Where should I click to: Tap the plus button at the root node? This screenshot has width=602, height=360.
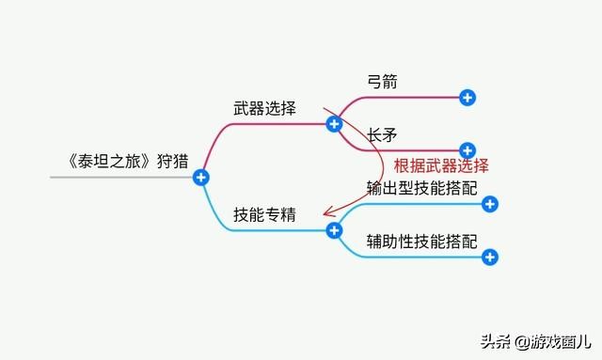point(200,177)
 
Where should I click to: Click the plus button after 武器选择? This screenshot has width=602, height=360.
point(333,123)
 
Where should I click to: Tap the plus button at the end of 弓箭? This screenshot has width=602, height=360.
point(467,97)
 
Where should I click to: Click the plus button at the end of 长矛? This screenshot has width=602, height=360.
point(467,149)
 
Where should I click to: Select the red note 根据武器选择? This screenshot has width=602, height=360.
point(441,165)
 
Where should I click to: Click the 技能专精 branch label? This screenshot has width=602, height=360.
point(264,214)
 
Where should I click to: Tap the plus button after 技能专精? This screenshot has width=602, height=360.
point(333,230)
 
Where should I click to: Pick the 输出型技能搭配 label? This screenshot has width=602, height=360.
point(422,188)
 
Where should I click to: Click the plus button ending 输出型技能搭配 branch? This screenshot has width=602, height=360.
point(488,204)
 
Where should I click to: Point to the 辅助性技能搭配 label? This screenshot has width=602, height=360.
point(422,241)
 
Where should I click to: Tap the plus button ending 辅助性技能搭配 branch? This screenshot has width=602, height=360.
point(488,257)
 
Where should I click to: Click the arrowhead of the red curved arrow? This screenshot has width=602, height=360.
point(325,214)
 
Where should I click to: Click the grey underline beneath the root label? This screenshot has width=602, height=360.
point(122,177)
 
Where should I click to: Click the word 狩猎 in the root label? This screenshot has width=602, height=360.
point(172,158)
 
